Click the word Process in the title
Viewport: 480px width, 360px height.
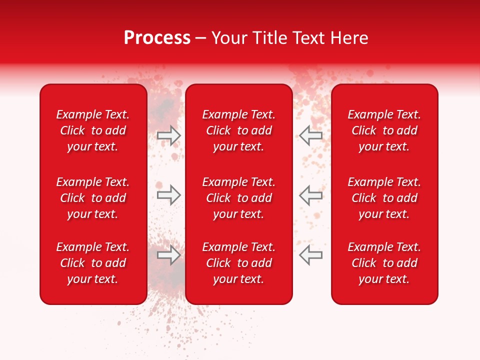157,38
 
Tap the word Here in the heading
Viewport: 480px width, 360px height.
348,38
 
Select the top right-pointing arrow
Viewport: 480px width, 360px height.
168,135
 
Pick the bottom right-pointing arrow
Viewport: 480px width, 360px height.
168,255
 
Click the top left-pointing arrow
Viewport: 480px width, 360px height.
311,135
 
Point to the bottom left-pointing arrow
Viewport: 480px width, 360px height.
311,255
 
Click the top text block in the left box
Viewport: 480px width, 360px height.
93,130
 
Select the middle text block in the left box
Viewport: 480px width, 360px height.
93,198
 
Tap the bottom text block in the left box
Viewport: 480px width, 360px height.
93,263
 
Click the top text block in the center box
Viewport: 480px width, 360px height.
239,130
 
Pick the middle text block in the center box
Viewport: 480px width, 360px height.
239,198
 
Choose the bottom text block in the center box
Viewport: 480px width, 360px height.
239,263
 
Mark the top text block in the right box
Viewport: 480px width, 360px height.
384,130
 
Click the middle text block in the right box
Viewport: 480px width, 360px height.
384,198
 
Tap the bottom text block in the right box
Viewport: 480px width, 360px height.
384,263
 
